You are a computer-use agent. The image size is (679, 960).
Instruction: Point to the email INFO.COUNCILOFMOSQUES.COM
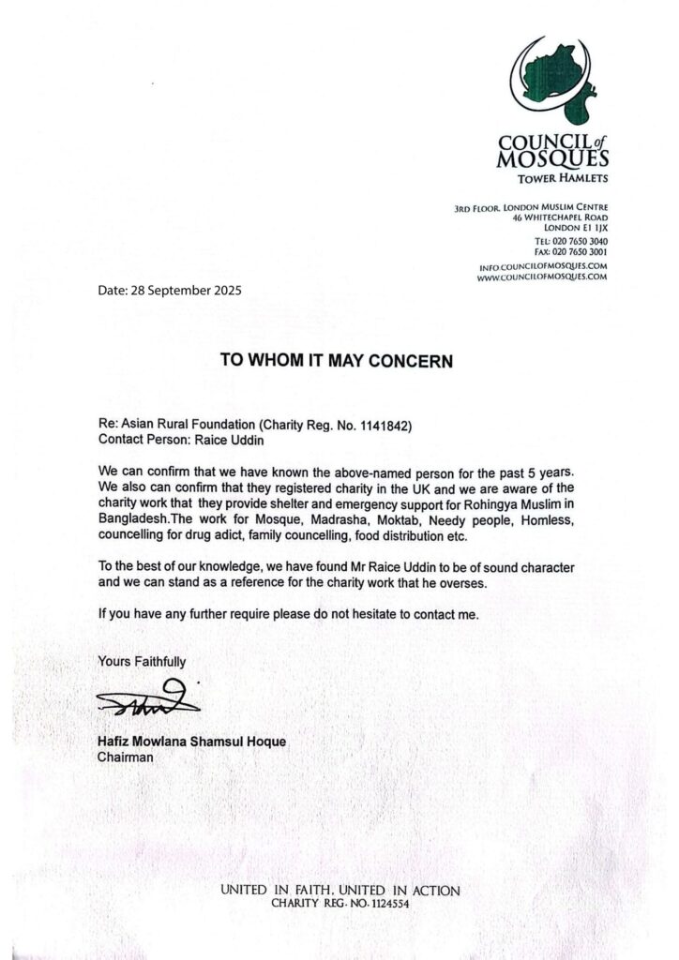click(543, 267)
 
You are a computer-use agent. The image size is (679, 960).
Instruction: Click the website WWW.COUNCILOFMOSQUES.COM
click(542, 277)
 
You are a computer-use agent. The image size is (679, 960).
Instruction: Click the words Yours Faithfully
click(142, 662)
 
